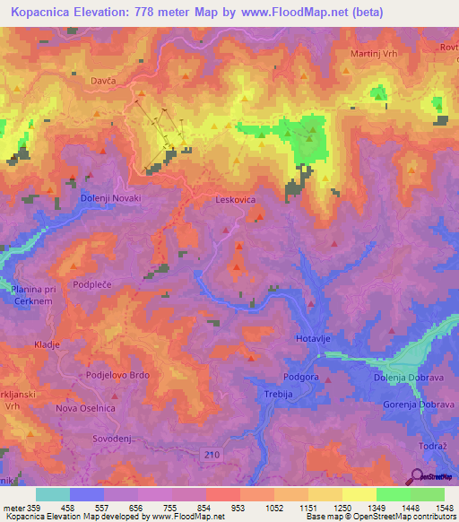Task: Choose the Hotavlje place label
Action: (x=315, y=338)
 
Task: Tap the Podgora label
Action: (x=300, y=378)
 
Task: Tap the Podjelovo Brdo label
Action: (x=117, y=375)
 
